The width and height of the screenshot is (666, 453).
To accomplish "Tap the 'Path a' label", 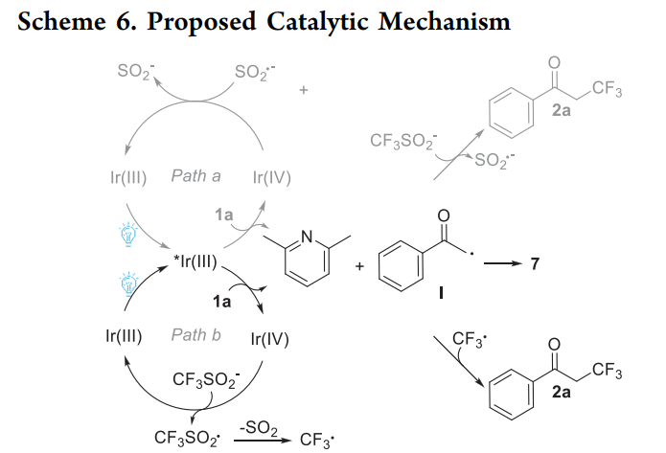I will coord(196,176).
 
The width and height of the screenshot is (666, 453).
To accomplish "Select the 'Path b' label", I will coord(196,335).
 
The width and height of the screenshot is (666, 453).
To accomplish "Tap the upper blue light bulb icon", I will coord(128,231).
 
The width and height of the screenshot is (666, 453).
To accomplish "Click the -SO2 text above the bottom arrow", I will coord(252,422).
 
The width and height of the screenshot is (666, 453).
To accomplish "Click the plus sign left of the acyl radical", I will coord(358,265).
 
